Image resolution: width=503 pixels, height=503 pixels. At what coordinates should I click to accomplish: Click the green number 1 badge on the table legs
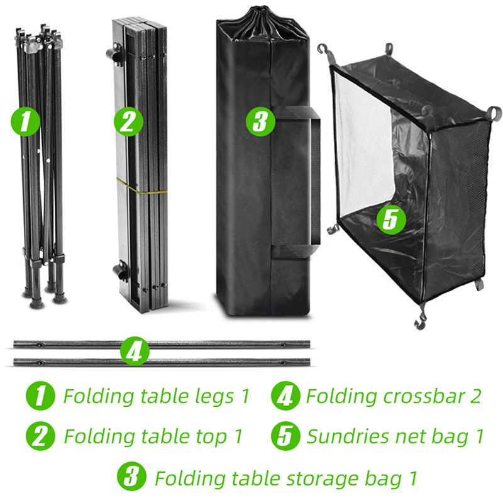tap(26, 122)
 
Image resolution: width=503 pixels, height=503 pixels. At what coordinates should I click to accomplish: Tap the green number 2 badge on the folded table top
tap(129, 122)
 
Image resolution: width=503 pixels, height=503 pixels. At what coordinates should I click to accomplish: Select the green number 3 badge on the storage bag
tap(260, 121)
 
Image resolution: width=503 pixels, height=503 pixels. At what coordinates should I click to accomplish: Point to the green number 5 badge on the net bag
tap(391, 219)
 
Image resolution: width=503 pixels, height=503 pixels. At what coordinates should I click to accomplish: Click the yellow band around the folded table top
tap(141, 189)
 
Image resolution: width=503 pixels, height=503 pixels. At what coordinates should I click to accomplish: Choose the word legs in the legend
tap(215, 397)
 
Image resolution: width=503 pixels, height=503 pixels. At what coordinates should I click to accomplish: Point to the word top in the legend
tap(211, 438)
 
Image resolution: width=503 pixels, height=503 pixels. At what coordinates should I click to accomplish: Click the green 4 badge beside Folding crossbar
tap(285, 395)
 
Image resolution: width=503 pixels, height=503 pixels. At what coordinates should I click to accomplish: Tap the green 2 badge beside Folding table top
tap(40, 436)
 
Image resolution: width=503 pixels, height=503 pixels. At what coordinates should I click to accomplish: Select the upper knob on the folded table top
tap(114, 53)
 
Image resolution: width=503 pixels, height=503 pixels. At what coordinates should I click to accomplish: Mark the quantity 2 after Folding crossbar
tap(476, 396)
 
